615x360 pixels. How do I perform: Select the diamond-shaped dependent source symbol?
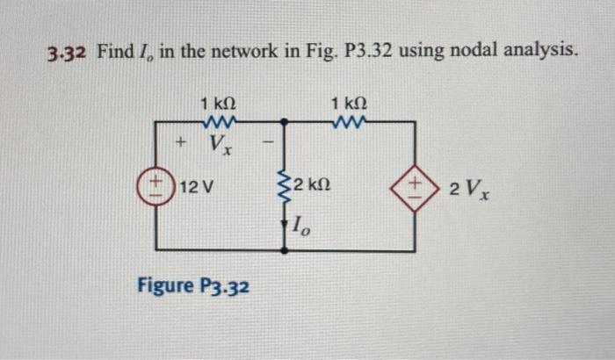point(414,187)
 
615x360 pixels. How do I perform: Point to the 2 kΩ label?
point(311,185)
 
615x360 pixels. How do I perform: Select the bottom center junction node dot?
point(284,251)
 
